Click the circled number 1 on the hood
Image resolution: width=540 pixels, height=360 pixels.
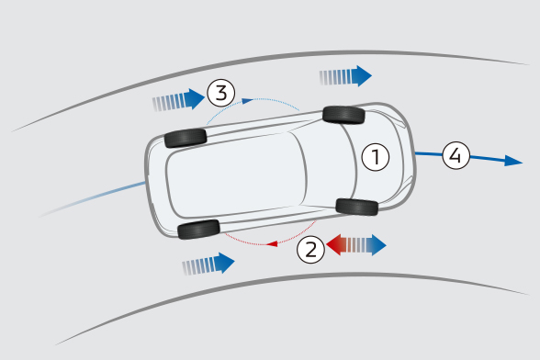pyautogui.click(x=376, y=157)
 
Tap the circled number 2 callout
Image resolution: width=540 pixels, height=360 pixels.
pyautogui.click(x=310, y=250)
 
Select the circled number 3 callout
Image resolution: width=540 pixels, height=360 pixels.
pyautogui.click(x=221, y=93)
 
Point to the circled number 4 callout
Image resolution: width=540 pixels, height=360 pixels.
pyautogui.click(x=456, y=155)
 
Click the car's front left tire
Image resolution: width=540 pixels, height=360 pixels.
pyautogui.click(x=343, y=115)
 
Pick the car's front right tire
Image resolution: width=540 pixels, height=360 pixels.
pyautogui.click(x=357, y=207)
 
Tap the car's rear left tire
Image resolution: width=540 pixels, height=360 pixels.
pyautogui.click(x=186, y=138)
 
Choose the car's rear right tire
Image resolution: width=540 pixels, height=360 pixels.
pyautogui.click(x=198, y=230)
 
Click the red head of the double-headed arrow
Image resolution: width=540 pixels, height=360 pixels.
pyautogui.click(x=333, y=245)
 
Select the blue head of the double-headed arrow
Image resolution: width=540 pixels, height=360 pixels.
pyautogui.click(x=378, y=245)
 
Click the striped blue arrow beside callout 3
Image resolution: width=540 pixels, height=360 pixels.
pyautogui.click(x=179, y=99)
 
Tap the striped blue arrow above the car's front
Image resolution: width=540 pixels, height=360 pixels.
pyautogui.click(x=345, y=76)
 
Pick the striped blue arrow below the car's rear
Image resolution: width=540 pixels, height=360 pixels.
pyautogui.click(x=208, y=264)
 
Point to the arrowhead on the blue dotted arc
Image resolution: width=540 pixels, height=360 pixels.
pyautogui.click(x=248, y=101)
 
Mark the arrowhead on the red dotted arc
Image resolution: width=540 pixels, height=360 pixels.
pyautogui.click(x=272, y=244)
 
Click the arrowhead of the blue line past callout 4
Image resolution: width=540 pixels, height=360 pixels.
pyautogui.click(x=513, y=161)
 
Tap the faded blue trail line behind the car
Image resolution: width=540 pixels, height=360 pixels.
pyautogui.click(x=92, y=198)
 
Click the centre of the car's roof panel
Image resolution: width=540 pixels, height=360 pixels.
pyautogui.click(x=237, y=174)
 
